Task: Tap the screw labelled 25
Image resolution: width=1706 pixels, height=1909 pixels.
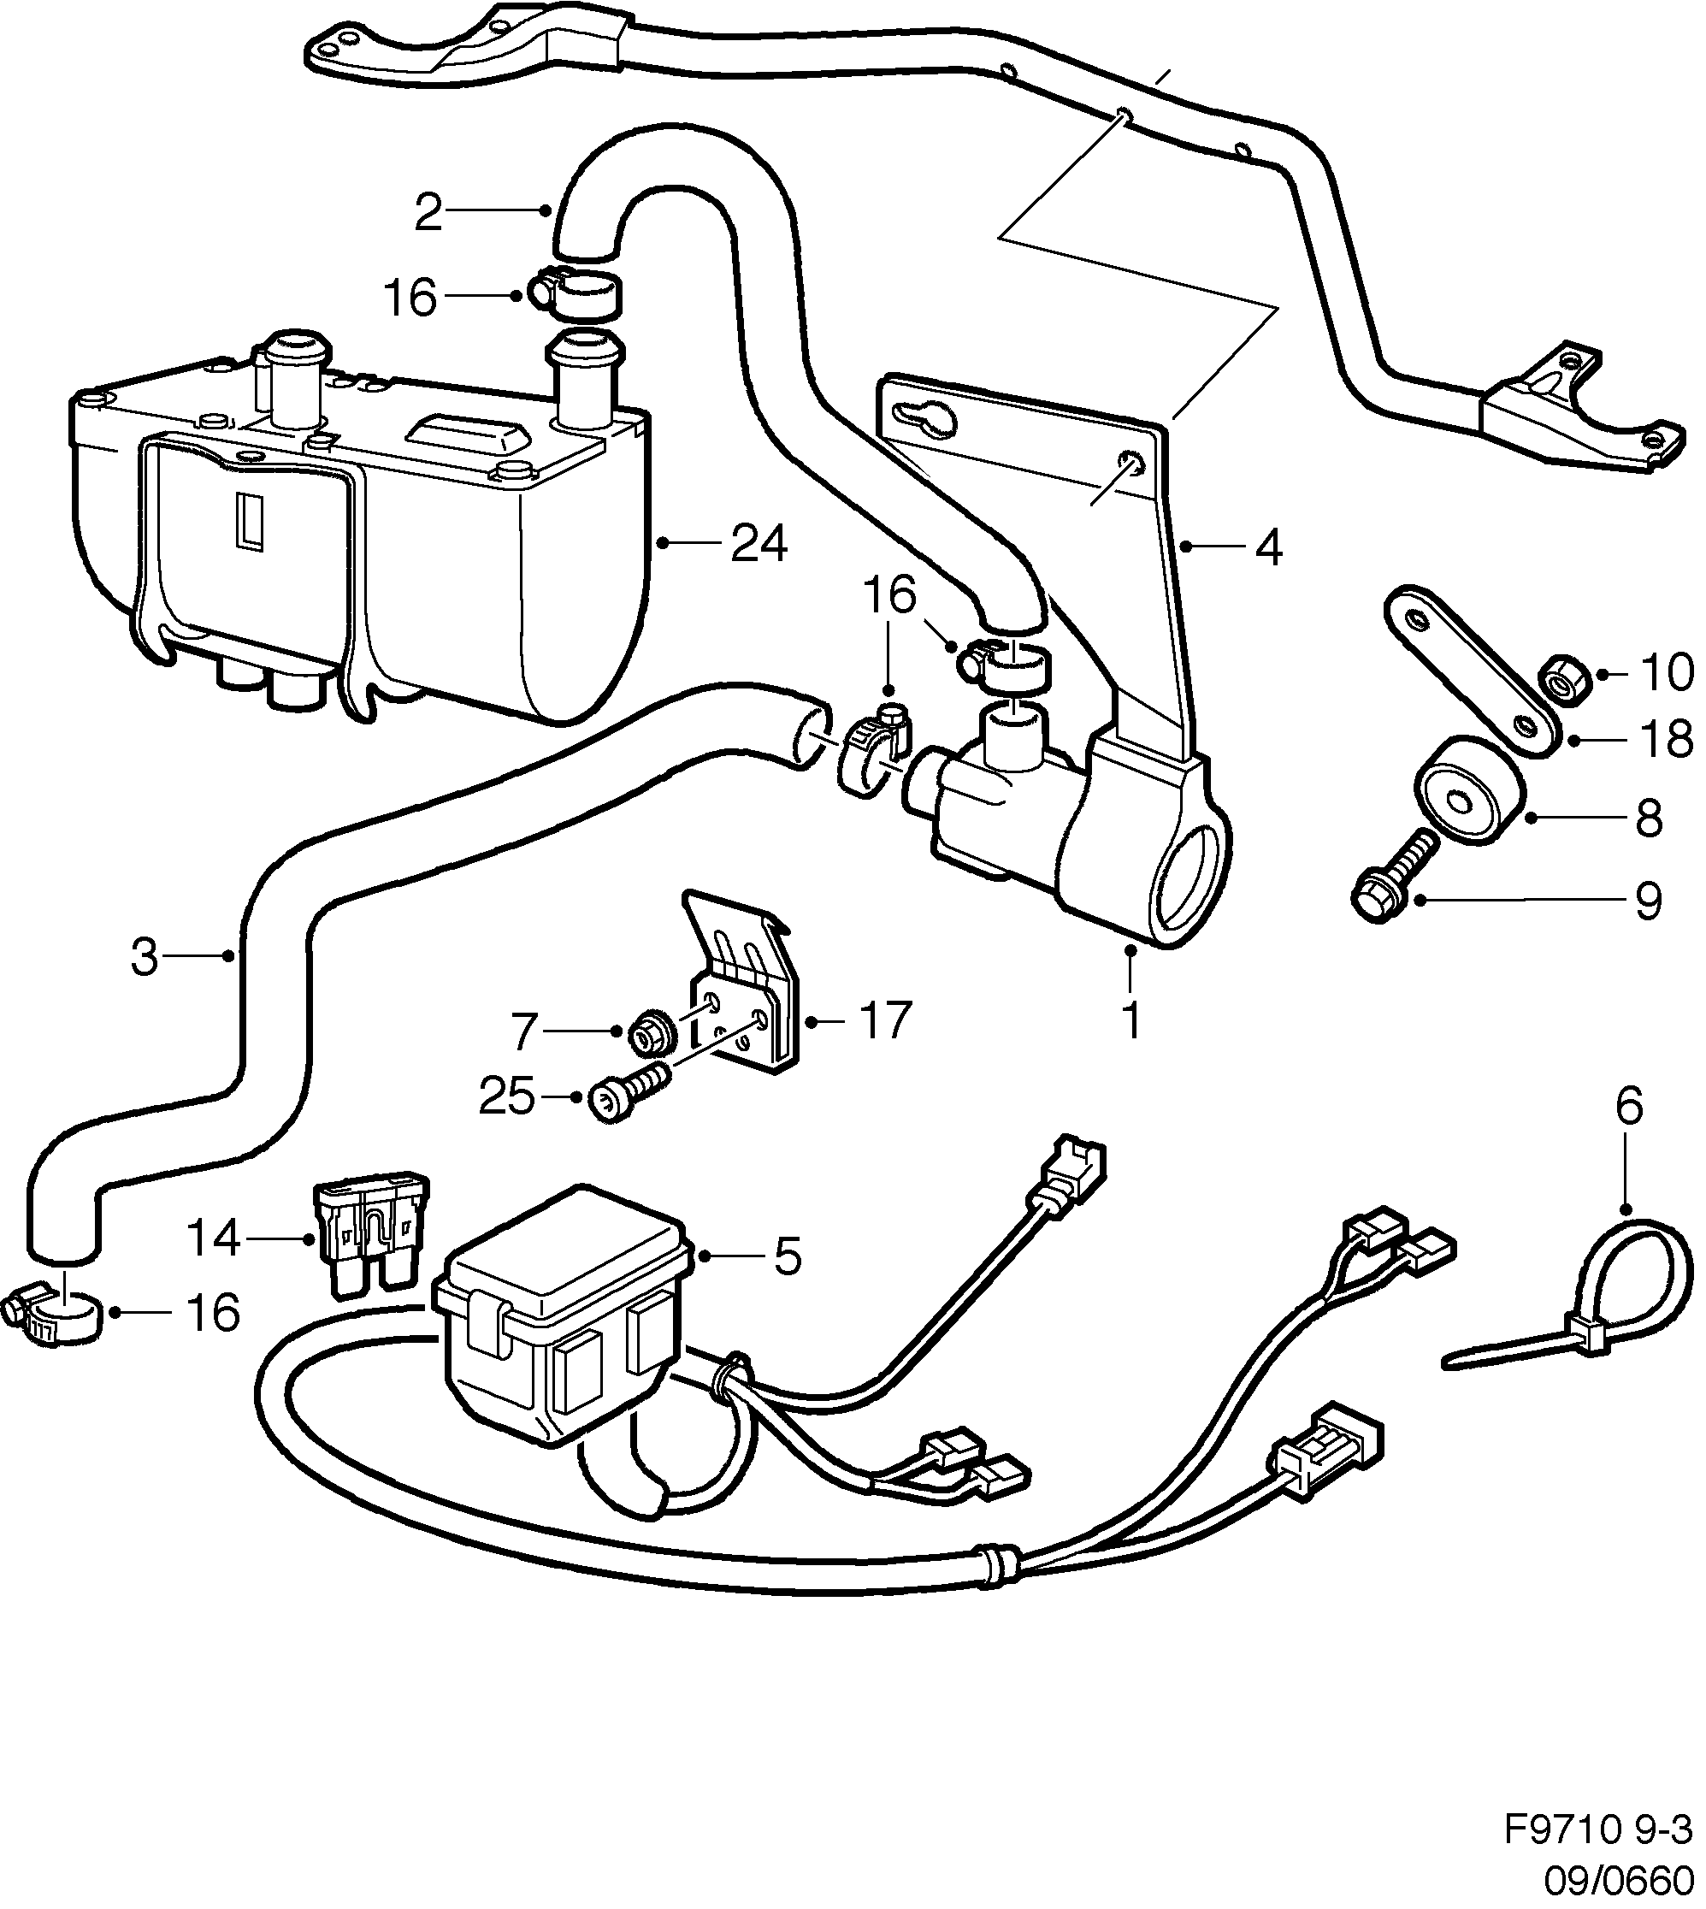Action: (628, 1097)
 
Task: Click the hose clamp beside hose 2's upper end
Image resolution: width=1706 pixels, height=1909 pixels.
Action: (576, 292)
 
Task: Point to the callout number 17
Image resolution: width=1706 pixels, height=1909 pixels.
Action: (884, 1020)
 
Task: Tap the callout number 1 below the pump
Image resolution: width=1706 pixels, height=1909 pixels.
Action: (1131, 1020)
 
